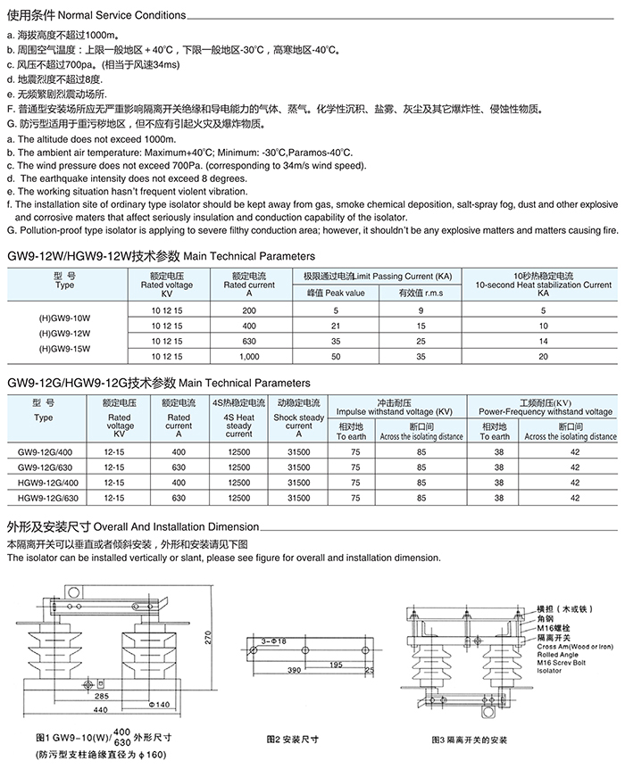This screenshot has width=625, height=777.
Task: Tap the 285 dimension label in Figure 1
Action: click(102, 696)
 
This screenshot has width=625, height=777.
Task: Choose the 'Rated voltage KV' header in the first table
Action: click(166, 285)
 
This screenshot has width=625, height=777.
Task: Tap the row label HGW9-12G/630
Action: click(47, 498)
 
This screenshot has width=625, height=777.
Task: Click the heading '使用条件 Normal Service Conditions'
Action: click(96, 16)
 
